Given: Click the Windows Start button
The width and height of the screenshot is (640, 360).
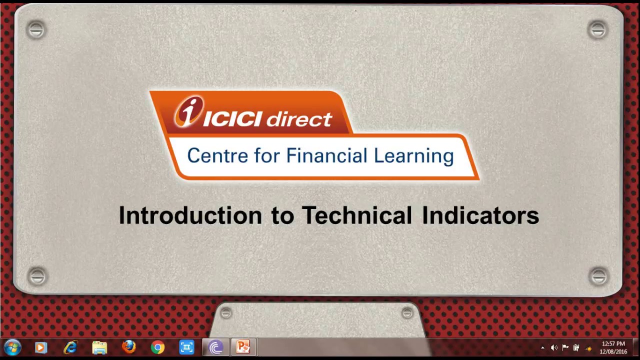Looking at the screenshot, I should tap(12, 347).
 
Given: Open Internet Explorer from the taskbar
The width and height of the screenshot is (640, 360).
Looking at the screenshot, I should tap(70, 347).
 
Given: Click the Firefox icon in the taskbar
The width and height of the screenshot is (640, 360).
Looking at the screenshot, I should tap(128, 347).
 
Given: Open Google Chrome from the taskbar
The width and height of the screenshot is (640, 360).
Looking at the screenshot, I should tap(157, 347).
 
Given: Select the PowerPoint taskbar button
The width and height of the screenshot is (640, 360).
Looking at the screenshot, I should tap(243, 347).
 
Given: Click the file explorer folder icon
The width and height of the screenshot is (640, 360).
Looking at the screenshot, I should tap(99, 347).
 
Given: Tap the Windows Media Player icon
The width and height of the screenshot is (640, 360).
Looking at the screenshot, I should tap(41, 347).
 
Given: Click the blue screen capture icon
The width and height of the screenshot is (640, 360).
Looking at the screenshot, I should tap(186, 347).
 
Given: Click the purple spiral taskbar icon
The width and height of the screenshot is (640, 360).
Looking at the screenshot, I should tap(215, 347).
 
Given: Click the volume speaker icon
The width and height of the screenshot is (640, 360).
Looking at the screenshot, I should tap(554, 348).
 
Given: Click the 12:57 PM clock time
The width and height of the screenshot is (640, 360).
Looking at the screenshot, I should tap(613, 344).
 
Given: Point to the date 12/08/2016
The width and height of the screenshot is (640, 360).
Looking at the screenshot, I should tap(613, 352).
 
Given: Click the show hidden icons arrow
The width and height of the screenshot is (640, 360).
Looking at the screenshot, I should tap(542, 348).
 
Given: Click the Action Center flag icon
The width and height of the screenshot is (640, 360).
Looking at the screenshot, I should tap(565, 348).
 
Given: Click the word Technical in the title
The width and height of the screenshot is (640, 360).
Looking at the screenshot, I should tap(356, 215).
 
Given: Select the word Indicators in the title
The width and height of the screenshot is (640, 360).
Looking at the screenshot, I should tap(480, 215).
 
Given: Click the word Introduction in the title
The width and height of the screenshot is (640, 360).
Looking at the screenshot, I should tap(190, 215).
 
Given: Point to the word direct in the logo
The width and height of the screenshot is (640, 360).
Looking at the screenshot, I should tap(298, 119).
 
